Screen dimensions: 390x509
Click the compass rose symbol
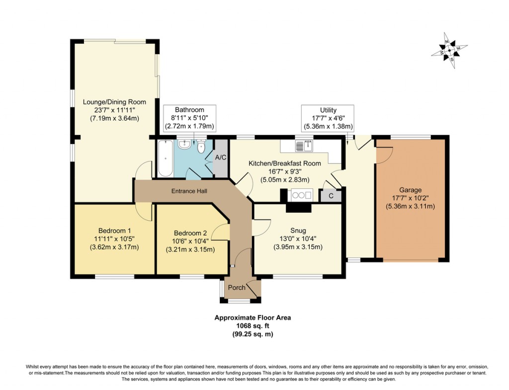(449, 51)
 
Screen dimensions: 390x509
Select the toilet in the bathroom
(201, 146)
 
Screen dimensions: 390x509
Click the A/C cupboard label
(220, 157)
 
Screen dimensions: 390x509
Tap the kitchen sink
(303, 146)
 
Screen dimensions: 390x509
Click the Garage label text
(410, 190)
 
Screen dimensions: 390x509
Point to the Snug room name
(298, 231)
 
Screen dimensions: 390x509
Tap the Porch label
(237, 288)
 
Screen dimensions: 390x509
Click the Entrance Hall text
(189, 191)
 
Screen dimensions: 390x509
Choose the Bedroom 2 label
(190, 233)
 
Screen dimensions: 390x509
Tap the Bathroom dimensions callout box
(189, 118)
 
